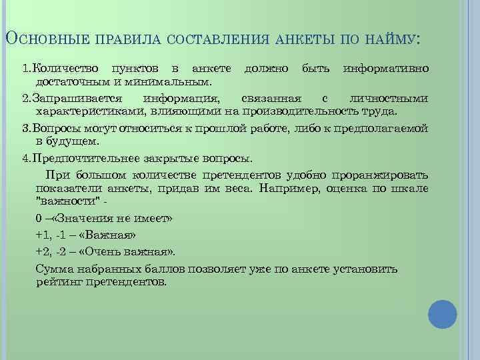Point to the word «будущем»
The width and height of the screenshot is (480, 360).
[74, 141]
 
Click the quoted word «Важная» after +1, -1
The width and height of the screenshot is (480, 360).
[107, 235]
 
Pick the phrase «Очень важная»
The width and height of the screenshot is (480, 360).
[125, 251]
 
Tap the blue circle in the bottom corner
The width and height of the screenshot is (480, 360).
[442, 314]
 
